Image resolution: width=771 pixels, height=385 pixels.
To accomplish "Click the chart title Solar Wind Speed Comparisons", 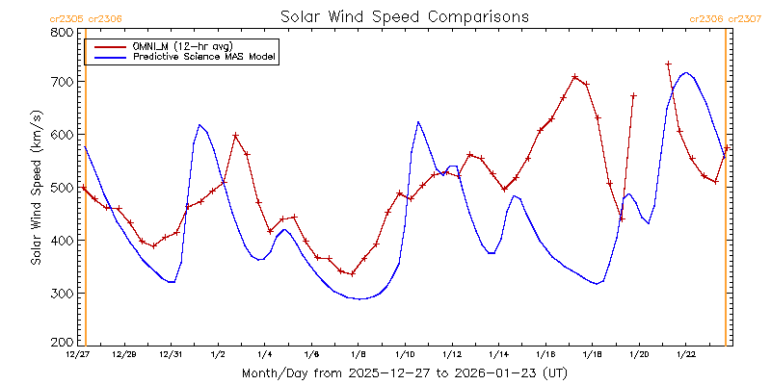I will pos(404,17).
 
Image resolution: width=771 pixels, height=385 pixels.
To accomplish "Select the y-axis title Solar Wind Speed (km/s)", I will pos(37,188).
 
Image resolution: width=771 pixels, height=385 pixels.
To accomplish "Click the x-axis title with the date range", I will pos(404,372).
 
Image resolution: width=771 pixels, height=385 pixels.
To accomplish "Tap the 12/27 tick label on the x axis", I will pos(78,355).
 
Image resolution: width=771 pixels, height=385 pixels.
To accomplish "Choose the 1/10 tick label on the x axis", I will pos(405,355).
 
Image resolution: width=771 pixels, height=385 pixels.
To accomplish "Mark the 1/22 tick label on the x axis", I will pos(686,355).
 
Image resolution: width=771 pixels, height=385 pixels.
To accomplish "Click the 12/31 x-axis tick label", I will pos(172,355).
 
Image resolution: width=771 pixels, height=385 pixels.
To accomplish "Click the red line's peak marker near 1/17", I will pos(574,77).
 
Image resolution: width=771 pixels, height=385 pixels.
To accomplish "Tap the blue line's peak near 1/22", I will pos(685,72).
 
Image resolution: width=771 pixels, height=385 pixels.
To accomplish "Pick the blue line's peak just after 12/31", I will pos(199,124).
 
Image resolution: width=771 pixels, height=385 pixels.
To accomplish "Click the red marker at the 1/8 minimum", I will pos(353,273).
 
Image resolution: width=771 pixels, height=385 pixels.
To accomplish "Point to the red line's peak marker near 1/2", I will pos(235,136).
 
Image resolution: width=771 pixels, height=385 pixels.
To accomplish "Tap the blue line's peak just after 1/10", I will pos(418,122).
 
